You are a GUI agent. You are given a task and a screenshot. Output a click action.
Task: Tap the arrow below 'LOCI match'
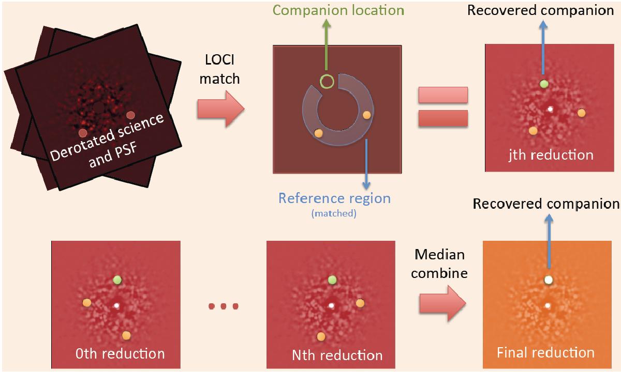point(220,110)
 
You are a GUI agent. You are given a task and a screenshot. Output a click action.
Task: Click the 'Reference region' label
point(334,198)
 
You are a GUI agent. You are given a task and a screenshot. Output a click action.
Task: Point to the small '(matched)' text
point(334,213)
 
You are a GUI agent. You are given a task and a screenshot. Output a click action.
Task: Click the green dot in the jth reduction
point(543,84)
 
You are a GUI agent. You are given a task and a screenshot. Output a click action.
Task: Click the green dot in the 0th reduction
point(117,280)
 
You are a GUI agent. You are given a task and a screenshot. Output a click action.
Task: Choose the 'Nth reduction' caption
point(337,355)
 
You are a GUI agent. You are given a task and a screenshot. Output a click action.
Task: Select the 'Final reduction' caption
point(545,353)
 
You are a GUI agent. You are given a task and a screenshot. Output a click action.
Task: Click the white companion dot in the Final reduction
point(549,281)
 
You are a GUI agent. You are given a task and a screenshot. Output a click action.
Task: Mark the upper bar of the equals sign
point(443,95)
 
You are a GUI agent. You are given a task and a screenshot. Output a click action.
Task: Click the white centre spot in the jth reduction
point(550,109)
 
